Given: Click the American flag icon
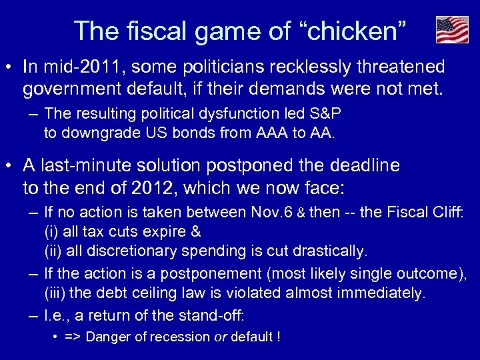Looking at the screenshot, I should [452, 30].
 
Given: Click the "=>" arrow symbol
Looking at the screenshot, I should [73, 337].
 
